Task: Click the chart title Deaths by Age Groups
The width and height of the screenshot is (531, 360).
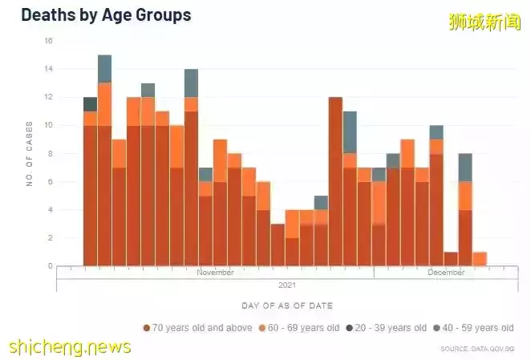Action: point(106,14)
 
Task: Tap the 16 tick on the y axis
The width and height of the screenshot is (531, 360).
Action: point(49,41)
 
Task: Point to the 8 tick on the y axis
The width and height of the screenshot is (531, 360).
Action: point(50,153)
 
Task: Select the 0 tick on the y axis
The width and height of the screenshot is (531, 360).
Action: point(50,266)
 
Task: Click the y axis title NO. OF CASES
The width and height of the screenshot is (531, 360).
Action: point(30,154)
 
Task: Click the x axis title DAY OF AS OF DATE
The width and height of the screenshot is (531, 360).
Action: point(286,305)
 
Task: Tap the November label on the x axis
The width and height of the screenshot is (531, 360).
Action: point(215,273)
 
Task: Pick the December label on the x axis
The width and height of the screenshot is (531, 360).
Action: point(445,273)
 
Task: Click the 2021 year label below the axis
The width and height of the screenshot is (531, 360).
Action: point(287,285)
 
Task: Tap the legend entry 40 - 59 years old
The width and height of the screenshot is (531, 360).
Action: point(477,328)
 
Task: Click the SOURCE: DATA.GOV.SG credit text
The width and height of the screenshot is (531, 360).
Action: point(476,349)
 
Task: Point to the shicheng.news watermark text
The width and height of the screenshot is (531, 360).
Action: point(70,346)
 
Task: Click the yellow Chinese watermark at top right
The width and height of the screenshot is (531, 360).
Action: point(484,22)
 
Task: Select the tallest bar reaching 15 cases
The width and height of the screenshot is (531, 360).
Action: point(104,160)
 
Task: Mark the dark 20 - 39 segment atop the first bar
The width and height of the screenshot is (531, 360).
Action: point(90,104)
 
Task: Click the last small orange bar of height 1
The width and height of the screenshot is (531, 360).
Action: point(480,259)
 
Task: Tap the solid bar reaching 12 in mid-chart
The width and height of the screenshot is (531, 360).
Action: point(335,181)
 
